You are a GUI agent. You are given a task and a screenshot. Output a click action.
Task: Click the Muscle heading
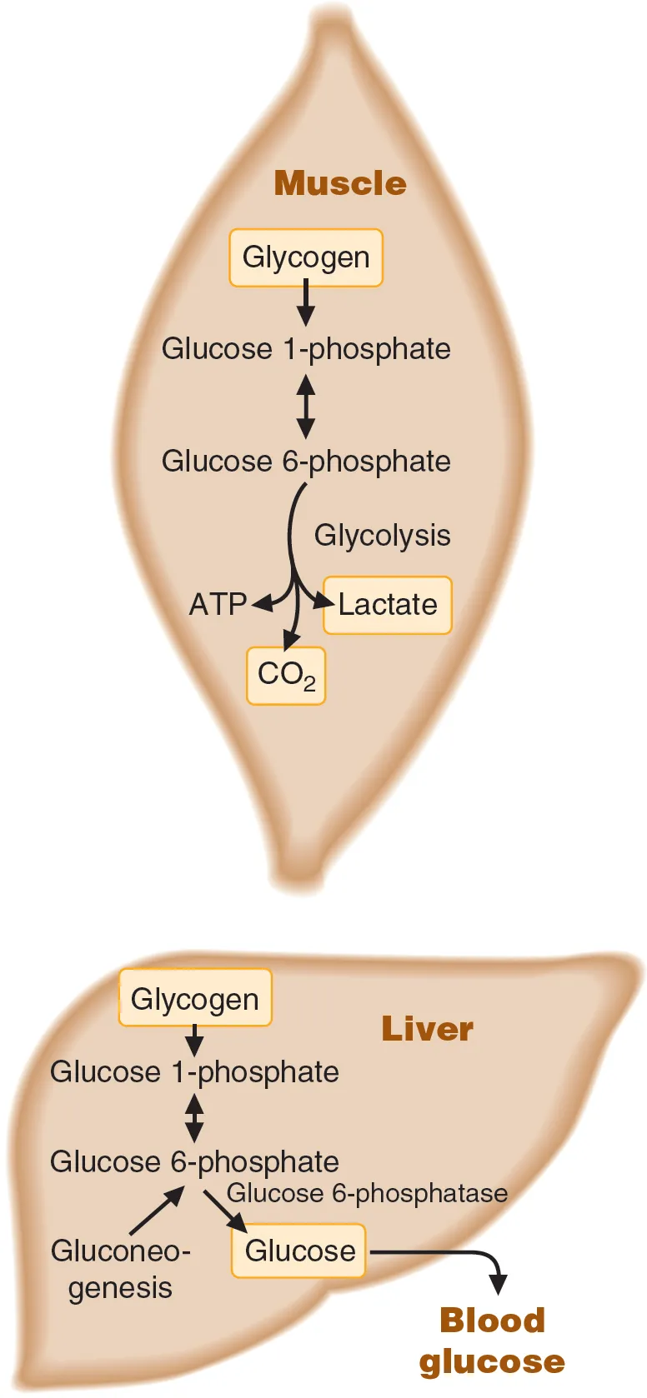[340, 183]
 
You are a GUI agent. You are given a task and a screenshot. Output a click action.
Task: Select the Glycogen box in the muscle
[306, 257]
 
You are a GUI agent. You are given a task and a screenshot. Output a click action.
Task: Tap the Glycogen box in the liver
[195, 998]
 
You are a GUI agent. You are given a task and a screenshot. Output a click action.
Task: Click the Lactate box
[388, 605]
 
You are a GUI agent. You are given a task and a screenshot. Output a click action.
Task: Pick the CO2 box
[286, 675]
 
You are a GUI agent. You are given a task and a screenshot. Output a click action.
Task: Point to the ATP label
[218, 604]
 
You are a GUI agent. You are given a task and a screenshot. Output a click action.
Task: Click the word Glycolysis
[382, 535]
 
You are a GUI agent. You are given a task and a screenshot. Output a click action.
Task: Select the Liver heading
[427, 1029]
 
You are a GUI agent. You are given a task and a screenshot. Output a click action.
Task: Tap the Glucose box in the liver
[299, 1251]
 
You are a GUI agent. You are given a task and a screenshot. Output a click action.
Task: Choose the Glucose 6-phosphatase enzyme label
[367, 1193]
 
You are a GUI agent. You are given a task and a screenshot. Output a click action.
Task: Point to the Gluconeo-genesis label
[121, 1269]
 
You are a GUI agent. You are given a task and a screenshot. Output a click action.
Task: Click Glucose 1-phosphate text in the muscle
[306, 349]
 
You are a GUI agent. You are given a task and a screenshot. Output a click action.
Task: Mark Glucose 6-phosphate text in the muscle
[306, 462]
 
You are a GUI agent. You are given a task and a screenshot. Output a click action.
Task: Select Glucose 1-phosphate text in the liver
[194, 1072]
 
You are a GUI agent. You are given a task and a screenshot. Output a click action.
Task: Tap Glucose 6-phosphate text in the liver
[194, 1162]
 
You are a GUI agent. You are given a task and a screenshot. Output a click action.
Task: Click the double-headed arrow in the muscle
[306, 406]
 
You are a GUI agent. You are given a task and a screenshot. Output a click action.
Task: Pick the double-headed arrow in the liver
[194, 1117]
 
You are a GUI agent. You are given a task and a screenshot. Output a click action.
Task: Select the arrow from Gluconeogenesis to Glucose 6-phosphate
[157, 1210]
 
